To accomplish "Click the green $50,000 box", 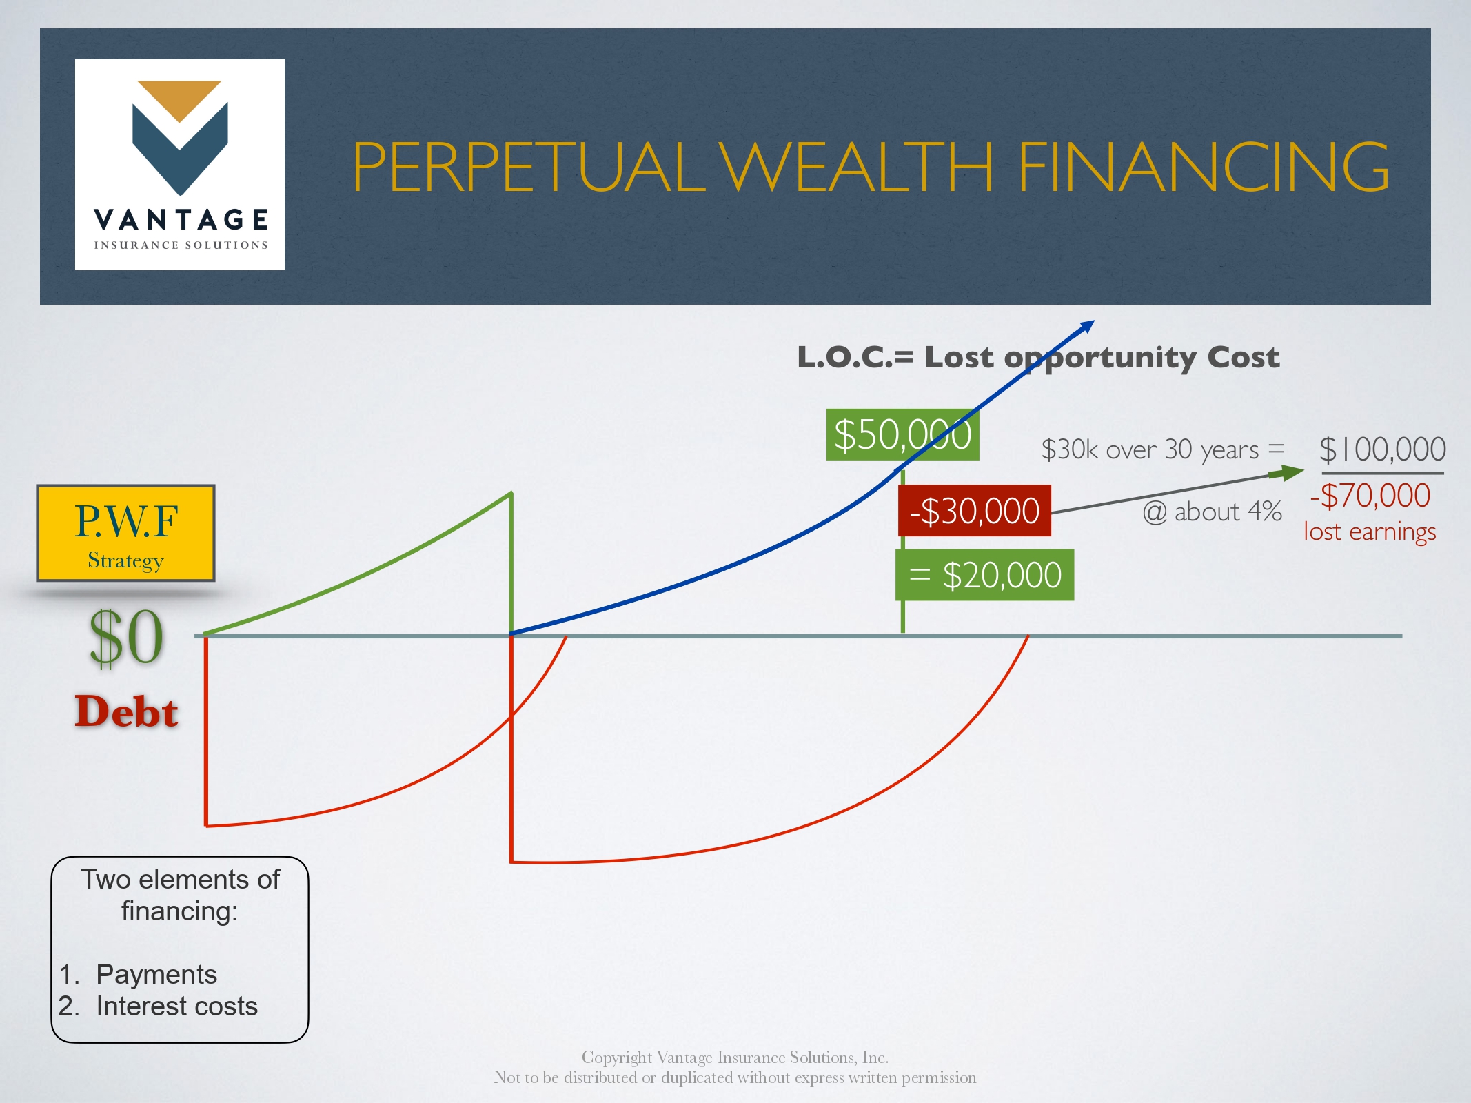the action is point(902,434).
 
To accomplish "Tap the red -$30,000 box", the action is point(974,511).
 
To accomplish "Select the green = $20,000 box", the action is point(984,575).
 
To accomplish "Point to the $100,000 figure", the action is point(1382,449).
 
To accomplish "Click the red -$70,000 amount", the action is point(1370,495).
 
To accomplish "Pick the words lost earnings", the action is point(1370,532).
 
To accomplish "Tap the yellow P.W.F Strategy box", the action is point(125,533).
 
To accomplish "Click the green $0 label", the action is point(126,638).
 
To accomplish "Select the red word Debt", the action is point(126,711).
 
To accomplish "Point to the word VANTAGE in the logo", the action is point(181,220).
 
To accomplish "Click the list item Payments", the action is point(156,974).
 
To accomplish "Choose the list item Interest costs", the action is point(176,1006).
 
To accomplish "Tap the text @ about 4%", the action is point(1212,512).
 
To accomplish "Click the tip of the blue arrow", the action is point(1095,321).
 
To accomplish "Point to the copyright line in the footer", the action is point(735,1057).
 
